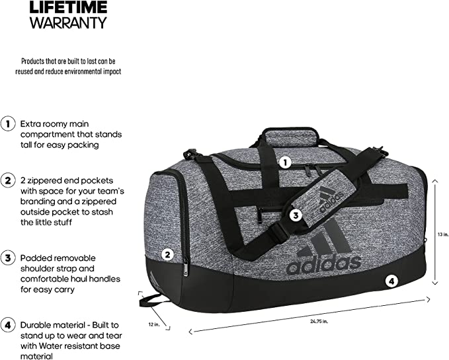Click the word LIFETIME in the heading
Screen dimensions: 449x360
coord(68,7)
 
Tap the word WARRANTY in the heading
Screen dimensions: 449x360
coord(68,22)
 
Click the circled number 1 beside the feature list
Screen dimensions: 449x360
coord(8,124)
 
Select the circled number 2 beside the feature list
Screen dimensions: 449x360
coord(8,180)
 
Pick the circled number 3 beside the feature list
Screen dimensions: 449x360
coord(8,258)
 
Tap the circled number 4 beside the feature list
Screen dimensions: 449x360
coord(8,325)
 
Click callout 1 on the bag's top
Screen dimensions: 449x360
coord(285,163)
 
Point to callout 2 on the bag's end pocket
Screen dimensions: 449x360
coord(167,254)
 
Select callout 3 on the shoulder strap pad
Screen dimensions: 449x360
coord(296,215)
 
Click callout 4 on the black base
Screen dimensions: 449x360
coord(391,281)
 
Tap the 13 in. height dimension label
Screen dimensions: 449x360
coord(442,234)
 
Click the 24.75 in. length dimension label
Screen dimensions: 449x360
coord(319,322)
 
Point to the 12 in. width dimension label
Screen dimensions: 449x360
coord(154,324)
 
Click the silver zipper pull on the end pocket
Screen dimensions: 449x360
coord(186,269)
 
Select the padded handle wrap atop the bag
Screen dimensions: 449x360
coord(291,137)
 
